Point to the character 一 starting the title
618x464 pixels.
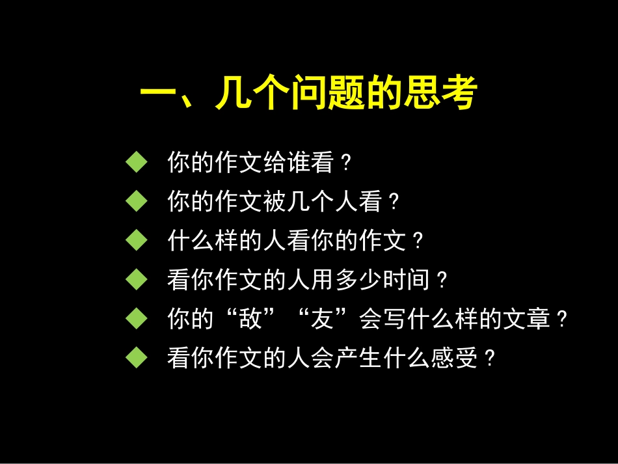156,95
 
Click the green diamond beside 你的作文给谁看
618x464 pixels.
137,163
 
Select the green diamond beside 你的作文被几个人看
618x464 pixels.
137,202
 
